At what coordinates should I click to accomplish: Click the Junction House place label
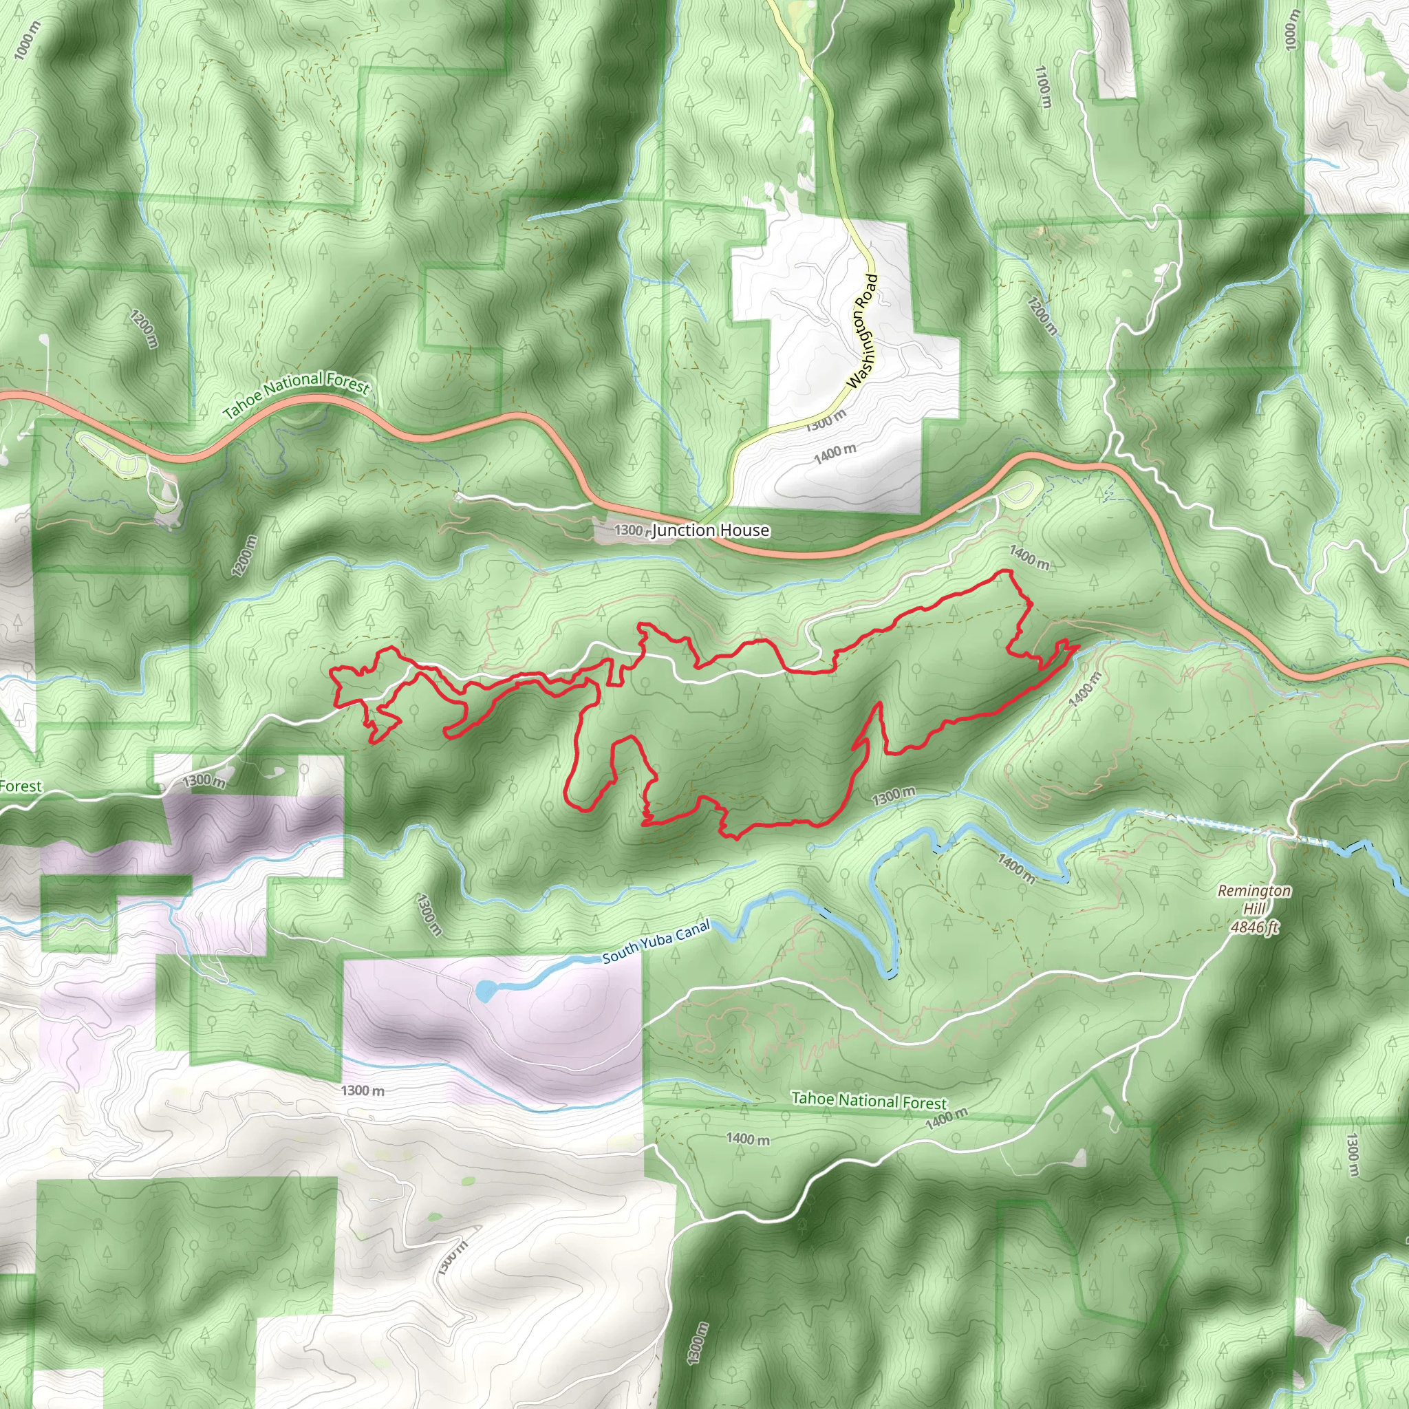[709, 530]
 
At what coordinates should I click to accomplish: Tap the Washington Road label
[862, 331]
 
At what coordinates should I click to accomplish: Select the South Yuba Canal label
[656, 943]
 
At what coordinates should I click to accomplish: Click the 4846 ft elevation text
[1254, 927]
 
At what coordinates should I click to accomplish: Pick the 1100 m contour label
[1044, 87]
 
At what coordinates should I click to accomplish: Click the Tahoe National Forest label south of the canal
[869, 1101]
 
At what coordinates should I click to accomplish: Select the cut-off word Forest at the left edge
[21, 786]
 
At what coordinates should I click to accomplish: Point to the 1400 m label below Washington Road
[835, 453]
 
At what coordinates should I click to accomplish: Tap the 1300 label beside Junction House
[629, 530]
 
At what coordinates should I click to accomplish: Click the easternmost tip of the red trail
[1078, 647]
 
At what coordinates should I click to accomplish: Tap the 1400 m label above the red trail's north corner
[1029, 558]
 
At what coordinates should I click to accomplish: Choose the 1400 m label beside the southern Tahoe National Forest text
[947, 1117]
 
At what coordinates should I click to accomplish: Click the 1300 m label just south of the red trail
[894, 797]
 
